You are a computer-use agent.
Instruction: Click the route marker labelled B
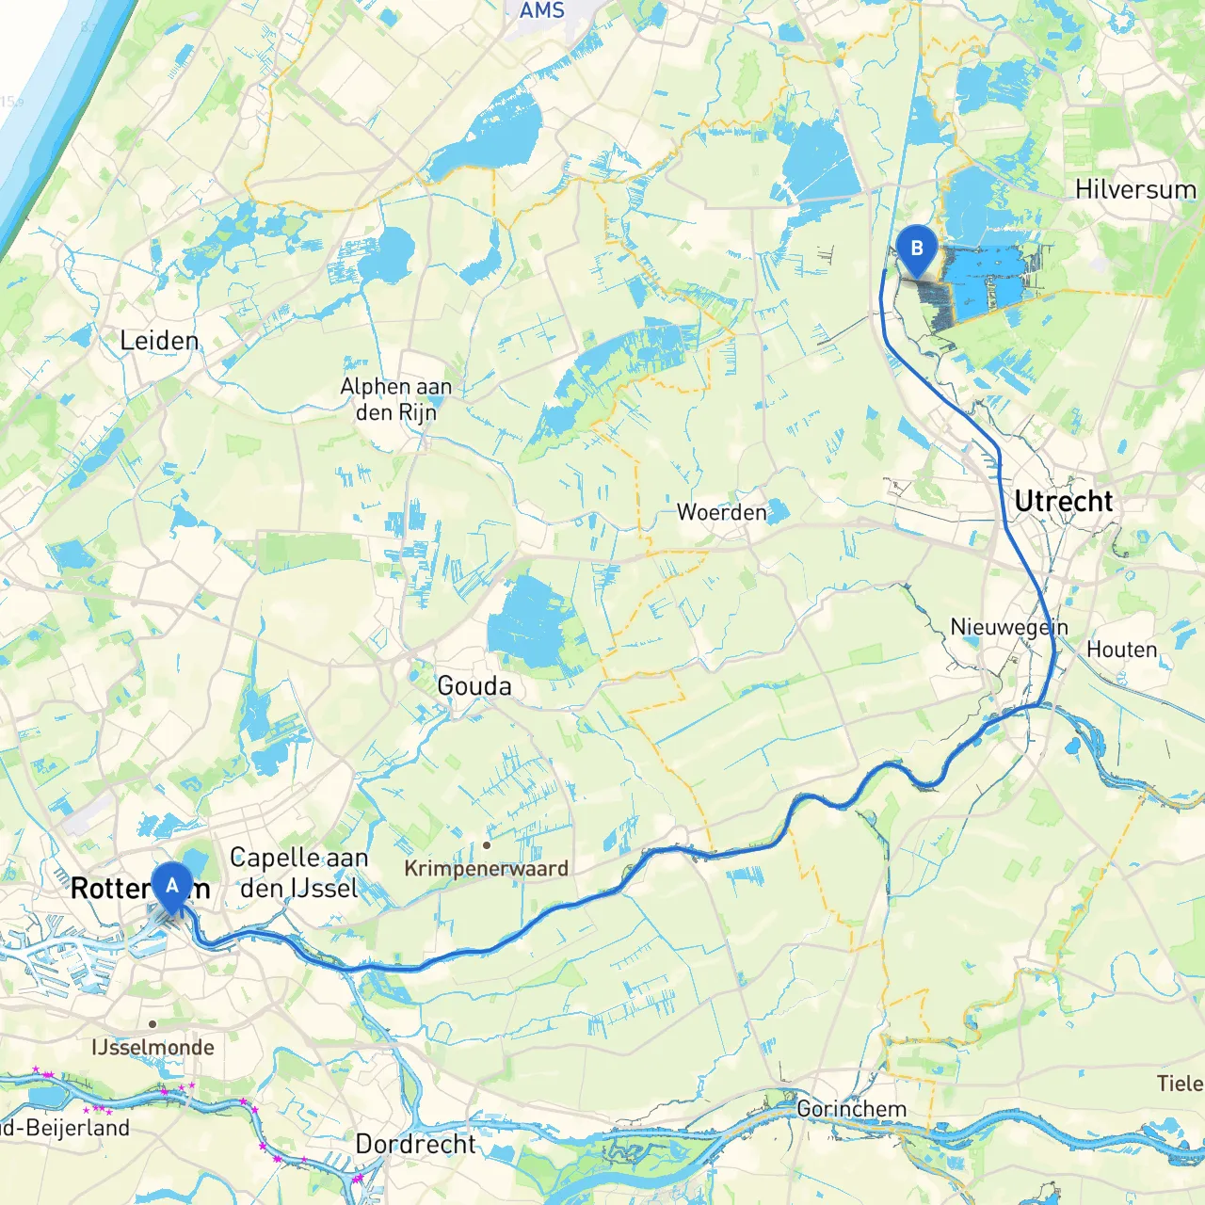916,249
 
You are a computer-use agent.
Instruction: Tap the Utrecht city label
1064,502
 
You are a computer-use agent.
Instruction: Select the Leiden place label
159,341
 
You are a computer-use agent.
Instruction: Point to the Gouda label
474,686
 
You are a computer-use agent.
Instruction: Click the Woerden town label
722,513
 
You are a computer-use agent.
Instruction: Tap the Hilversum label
1135,189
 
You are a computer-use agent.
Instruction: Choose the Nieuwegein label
1009,627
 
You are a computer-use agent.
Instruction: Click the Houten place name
1122,650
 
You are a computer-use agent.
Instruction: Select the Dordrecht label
415,1144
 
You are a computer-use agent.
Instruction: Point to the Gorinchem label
852,1109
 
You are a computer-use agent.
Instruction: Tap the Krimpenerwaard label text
486,868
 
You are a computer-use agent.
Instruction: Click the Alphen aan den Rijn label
396,399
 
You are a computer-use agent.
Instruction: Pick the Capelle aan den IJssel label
299,872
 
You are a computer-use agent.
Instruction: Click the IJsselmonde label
153,1047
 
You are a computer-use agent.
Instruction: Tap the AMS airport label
542,10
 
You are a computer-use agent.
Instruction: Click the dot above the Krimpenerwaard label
487,845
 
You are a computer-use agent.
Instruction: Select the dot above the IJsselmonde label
153,1024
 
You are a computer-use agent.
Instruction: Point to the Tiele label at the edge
1181,1084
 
